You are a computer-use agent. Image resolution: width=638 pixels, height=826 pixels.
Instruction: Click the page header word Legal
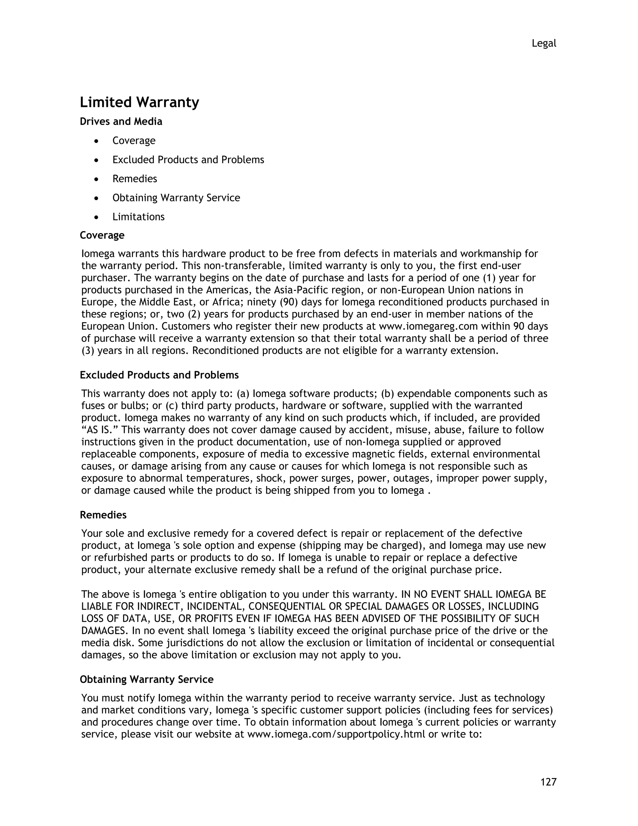tap(544, 44)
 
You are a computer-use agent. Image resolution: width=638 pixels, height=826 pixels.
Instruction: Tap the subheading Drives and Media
tap(121, 121)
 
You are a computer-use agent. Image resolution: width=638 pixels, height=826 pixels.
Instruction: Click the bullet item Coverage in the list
tap(134, 141)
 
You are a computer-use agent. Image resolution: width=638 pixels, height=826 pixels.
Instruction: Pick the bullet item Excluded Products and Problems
tap(188, 160)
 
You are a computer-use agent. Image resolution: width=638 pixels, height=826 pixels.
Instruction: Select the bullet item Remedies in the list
tap(135, 179)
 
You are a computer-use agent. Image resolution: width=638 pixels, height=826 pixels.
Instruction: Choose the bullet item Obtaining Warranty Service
tap(176, 198)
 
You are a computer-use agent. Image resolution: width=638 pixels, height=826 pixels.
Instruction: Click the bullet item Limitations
tap(138, 217)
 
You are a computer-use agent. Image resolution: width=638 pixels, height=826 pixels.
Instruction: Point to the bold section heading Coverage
tap(102, 235)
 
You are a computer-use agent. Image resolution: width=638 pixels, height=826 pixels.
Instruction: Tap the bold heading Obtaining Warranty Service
tap(147, 679)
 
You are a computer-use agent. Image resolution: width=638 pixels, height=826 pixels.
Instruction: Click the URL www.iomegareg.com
tap(428, 326)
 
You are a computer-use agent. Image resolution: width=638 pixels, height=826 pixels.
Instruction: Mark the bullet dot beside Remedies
tap(97, 179)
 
